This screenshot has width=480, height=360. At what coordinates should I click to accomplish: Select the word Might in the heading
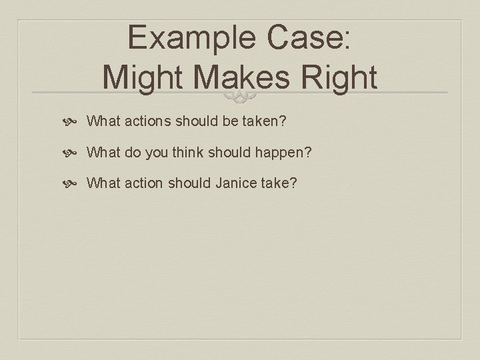coord(145,77)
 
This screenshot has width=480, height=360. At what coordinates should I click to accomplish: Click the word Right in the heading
coord(339,77)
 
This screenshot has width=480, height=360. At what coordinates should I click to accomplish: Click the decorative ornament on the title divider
coord(240,97)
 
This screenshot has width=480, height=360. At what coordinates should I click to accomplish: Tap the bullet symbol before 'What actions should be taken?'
coord(74,122)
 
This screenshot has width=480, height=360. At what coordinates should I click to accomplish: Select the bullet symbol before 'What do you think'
coord(74,152)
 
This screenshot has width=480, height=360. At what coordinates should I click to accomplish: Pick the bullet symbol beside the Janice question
coord(74,182)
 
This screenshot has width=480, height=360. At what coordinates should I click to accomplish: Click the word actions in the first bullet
coord(146,121)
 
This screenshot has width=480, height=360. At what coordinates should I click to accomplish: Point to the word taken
coord(266,121)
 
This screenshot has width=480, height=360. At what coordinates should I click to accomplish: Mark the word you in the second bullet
coord(159,152)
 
